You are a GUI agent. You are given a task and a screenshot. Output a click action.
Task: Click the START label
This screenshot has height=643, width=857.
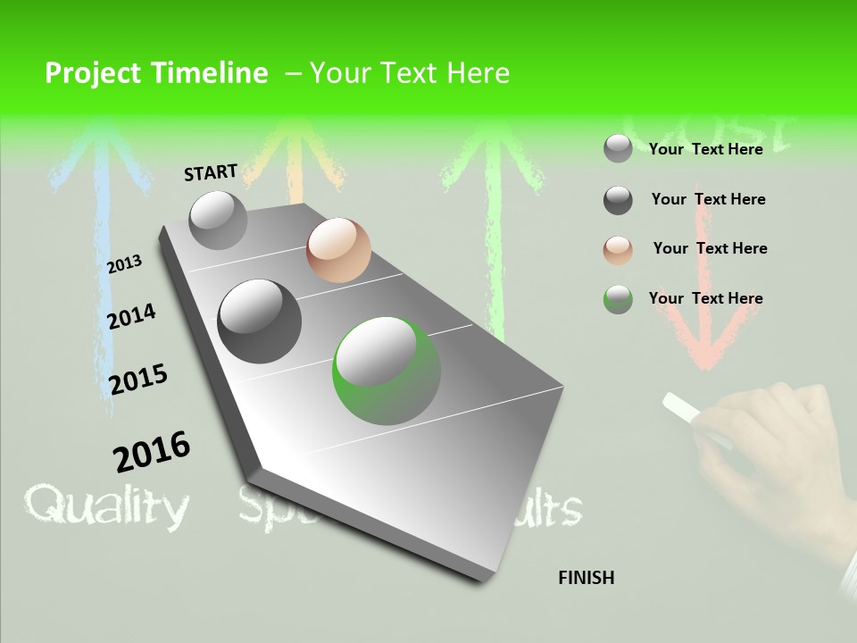pos(211,172)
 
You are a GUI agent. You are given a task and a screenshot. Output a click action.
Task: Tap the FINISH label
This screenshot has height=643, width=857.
pos(586,578)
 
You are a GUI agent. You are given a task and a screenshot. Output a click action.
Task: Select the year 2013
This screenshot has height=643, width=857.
pos(124,264)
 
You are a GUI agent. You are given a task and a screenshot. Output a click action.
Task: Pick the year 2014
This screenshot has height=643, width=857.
pos(131,316)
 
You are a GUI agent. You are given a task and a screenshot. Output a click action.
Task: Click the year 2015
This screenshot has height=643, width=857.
pos(138,379)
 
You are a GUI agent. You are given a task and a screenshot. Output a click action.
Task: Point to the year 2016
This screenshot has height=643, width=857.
pos(152,451)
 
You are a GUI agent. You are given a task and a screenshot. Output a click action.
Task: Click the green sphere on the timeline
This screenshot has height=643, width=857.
pos(387,371)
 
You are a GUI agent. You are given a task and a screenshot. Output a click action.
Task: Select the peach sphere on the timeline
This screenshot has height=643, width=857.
pos(338,249)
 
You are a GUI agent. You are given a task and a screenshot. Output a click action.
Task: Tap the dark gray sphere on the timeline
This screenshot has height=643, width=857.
pos(259,321)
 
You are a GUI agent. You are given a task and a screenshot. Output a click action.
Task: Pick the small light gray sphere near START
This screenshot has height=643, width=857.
pos(218,220)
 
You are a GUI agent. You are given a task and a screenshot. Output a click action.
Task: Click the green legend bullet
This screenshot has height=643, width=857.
pos(618,299)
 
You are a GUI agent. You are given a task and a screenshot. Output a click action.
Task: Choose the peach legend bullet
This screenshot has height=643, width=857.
pos(618,250)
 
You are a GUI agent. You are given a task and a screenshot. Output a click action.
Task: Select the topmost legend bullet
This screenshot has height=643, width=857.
pos(618,149)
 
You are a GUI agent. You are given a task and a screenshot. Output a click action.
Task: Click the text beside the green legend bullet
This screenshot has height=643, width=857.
pos(705,298)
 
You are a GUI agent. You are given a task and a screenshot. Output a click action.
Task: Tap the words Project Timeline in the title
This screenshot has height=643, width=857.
pos(156,73)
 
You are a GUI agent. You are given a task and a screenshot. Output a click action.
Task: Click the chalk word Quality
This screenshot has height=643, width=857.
pos(106,506)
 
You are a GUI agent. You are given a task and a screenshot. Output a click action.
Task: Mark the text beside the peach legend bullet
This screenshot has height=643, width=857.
pos(710,248)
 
